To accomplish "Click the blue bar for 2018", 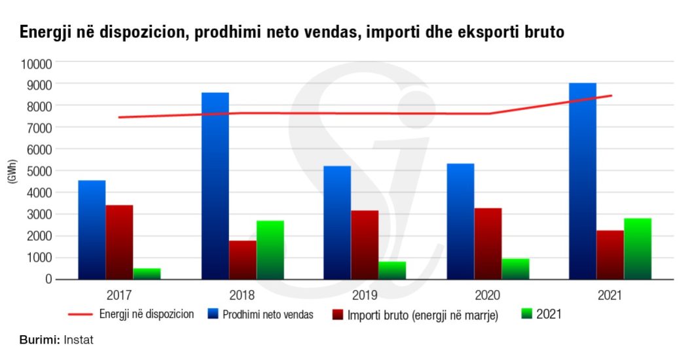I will (x=215, y=186).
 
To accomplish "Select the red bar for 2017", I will (x=119, y=242).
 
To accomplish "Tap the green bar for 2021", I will (x=638, y=249).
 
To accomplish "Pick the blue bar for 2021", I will (x=583, y=181).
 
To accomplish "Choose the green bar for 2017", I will (x=147, y=274).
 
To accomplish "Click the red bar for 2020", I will (x=488, y=243).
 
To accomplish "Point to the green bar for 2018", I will (x=270, y=250).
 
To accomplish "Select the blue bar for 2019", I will (x=337, y=223).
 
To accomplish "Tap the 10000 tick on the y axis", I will (x=37, y=63).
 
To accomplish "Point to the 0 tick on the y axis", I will (x=47, y=279).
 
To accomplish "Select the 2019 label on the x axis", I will (x=363, y=295).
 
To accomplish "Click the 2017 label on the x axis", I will (x=119, y=295).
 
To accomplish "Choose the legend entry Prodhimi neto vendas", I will (x=268, y=315).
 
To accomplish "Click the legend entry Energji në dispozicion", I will (x=147, y=314).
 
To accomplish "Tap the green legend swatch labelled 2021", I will (x=526, y=314).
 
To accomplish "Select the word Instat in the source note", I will (x=79, y=340).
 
